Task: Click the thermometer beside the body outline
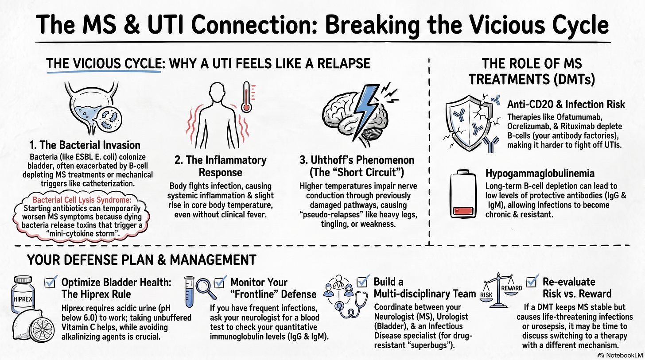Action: (x=246, y=97)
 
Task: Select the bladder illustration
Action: (x=93, y=108)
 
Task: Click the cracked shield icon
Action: (x=468, y=123)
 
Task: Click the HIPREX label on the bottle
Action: (x=23, y=299)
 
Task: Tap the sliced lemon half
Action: (x=42, y=329)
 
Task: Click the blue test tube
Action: (x=189, y=292)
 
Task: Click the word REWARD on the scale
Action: (x=511, y=288)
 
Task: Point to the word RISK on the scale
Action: (x=486, y=295)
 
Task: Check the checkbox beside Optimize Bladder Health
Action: (x=50, y=283)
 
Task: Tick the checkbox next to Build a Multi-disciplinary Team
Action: (x=362, y=281)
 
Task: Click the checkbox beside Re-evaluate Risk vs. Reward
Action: (x=531, y=281)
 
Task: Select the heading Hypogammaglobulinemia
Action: (x=540, y=174)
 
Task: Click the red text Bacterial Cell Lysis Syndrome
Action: (x=82, y=200)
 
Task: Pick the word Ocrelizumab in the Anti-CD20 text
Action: (x=528, y=126)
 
